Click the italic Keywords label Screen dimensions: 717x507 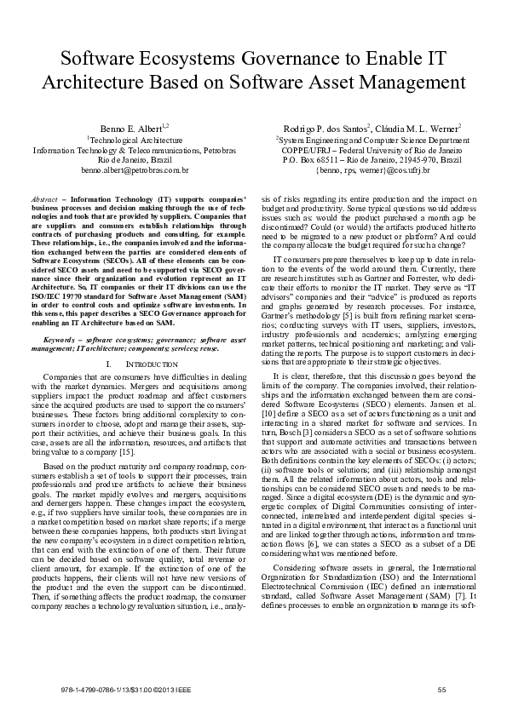coord(61,314)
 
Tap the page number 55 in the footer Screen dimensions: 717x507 coord(441,688)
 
